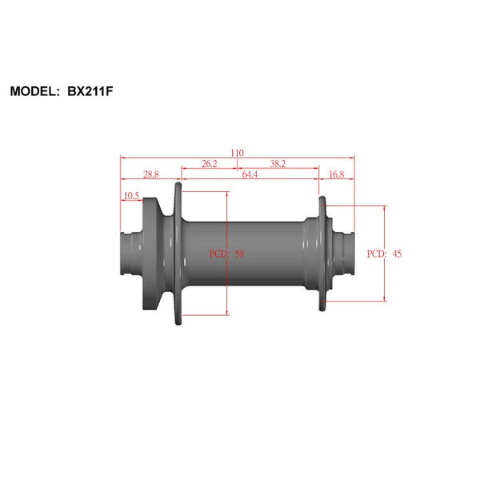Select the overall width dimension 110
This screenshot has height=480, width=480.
click(x=237, y=153)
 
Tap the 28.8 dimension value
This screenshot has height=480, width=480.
click(x=150, y=174)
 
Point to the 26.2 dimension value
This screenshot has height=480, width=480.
click(x=209, y=163)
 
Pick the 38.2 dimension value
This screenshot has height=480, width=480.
click(x=278, y=163)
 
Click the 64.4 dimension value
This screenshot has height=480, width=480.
click(x=250, y=174)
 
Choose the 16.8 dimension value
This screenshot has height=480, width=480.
click(x=337, y=174)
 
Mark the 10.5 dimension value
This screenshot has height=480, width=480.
click(x=130, y=195)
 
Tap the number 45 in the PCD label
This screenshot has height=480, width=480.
click(x=397, y=254)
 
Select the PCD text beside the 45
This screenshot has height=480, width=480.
click(x=377, y=254)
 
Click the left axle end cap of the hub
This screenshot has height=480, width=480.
click(x=130, y=254)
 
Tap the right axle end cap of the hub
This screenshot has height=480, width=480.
click(x=346, y=254)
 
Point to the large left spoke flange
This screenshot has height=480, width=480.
click(x=178, y=254)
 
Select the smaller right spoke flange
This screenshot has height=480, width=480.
click(x=322, y=254)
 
